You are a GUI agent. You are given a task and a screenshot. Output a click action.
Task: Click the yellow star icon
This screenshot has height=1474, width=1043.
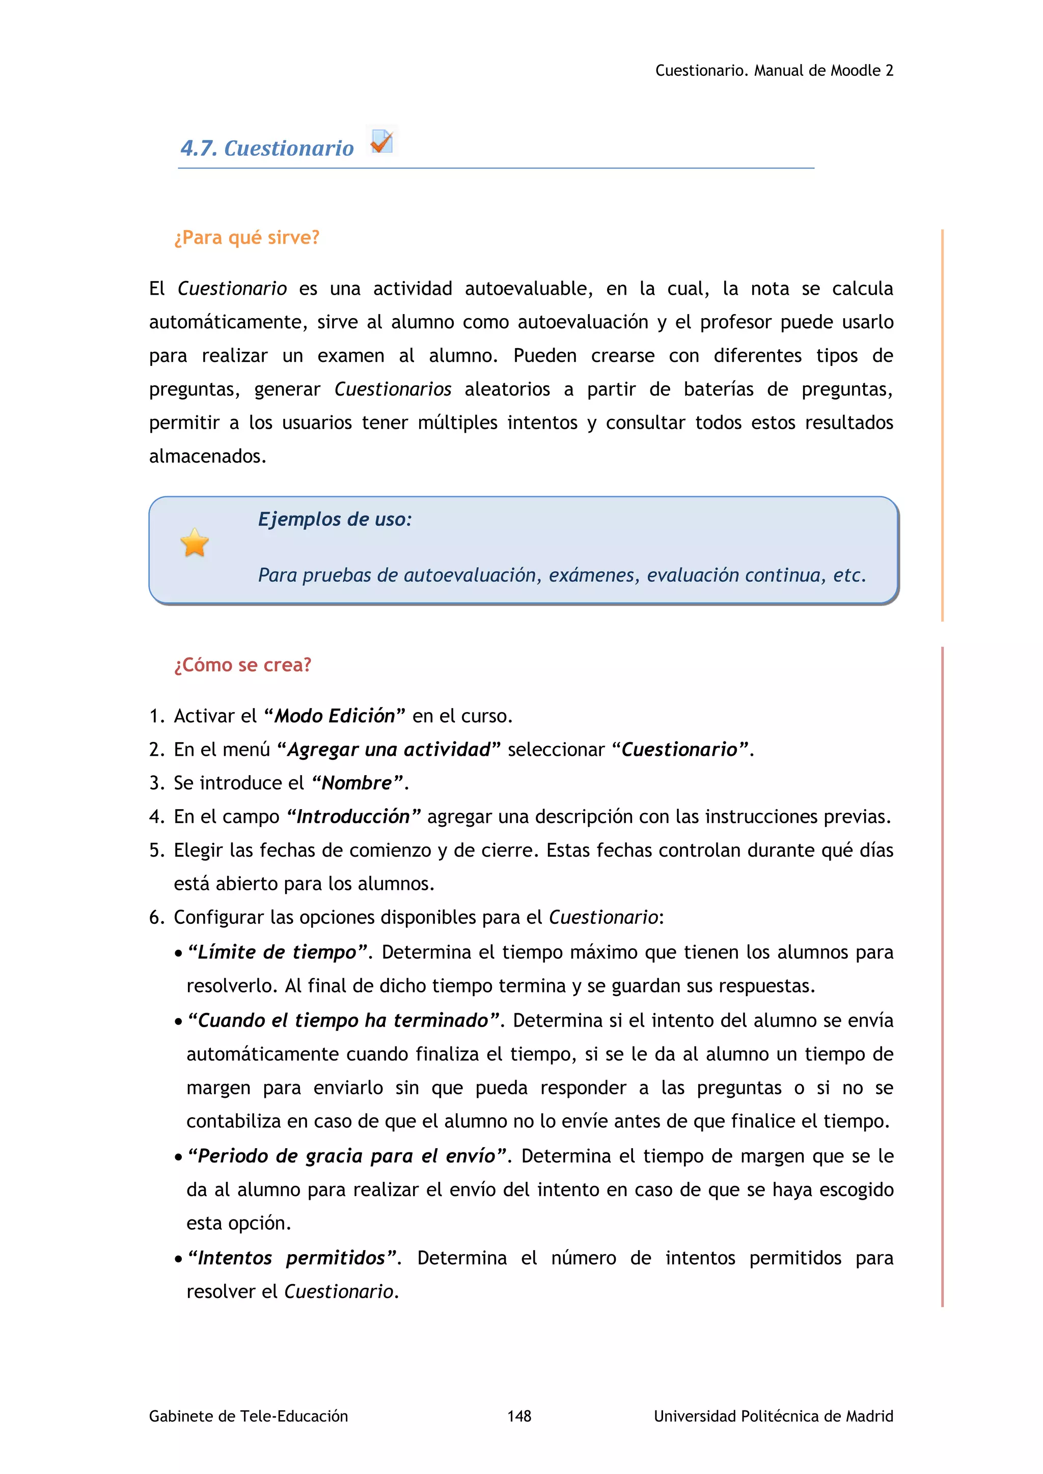pyautogui.click(x=195, y=543)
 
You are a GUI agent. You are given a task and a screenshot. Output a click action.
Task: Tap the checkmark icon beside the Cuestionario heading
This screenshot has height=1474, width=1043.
pyautogui.click(x=381, y=141)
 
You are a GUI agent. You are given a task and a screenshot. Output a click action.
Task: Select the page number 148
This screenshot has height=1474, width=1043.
pyautogui.click(x=519, y=1415)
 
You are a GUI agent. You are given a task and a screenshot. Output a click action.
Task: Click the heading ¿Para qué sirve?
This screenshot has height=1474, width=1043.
pyautogui.click(x=246, y=238)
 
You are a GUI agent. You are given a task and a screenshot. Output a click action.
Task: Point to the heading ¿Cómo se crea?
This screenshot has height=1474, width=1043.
pyautogui.click(x=243, y=664)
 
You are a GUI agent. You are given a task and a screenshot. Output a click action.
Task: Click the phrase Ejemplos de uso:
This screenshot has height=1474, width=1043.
pyautogui.click(x=335, y=519)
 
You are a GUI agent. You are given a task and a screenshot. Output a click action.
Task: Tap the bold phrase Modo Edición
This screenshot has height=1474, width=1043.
pyautogui.click(x=335, y=716)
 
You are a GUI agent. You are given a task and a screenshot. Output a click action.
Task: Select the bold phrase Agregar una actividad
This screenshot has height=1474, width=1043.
pyautogui.click(x=389, y=749)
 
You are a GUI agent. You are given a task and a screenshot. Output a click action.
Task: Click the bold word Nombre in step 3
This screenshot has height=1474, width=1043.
pyautogui.click(x=356, y=783)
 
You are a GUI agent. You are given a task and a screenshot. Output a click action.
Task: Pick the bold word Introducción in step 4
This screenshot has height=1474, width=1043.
pyautogui.click(x=353, y=816)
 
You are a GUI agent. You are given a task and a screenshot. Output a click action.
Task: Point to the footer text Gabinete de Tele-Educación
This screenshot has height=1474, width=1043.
pyautogui.click(x=249, y=1415)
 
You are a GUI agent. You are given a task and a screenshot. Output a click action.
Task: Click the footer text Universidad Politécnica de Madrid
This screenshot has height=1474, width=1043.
pyautogui.click(x=773, y=1415)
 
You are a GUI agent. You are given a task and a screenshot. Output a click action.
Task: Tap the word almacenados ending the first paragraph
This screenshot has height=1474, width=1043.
pyautogui.click(x=207, y=457)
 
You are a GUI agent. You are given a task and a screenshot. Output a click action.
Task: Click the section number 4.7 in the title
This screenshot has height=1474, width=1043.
pyautogui.click(x=198, y=148)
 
